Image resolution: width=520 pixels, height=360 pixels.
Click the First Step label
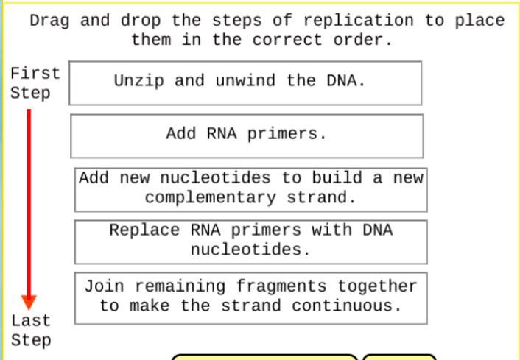[33, 83]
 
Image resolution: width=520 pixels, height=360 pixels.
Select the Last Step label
[31, 331]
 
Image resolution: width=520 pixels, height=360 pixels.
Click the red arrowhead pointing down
[29, 301]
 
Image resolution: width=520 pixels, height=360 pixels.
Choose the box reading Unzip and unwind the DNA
[245, 83]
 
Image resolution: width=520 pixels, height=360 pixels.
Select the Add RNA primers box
[247, 135]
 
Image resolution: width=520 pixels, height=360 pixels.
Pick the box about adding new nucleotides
[250, 188]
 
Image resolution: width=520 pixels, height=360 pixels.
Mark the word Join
[103, 286]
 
